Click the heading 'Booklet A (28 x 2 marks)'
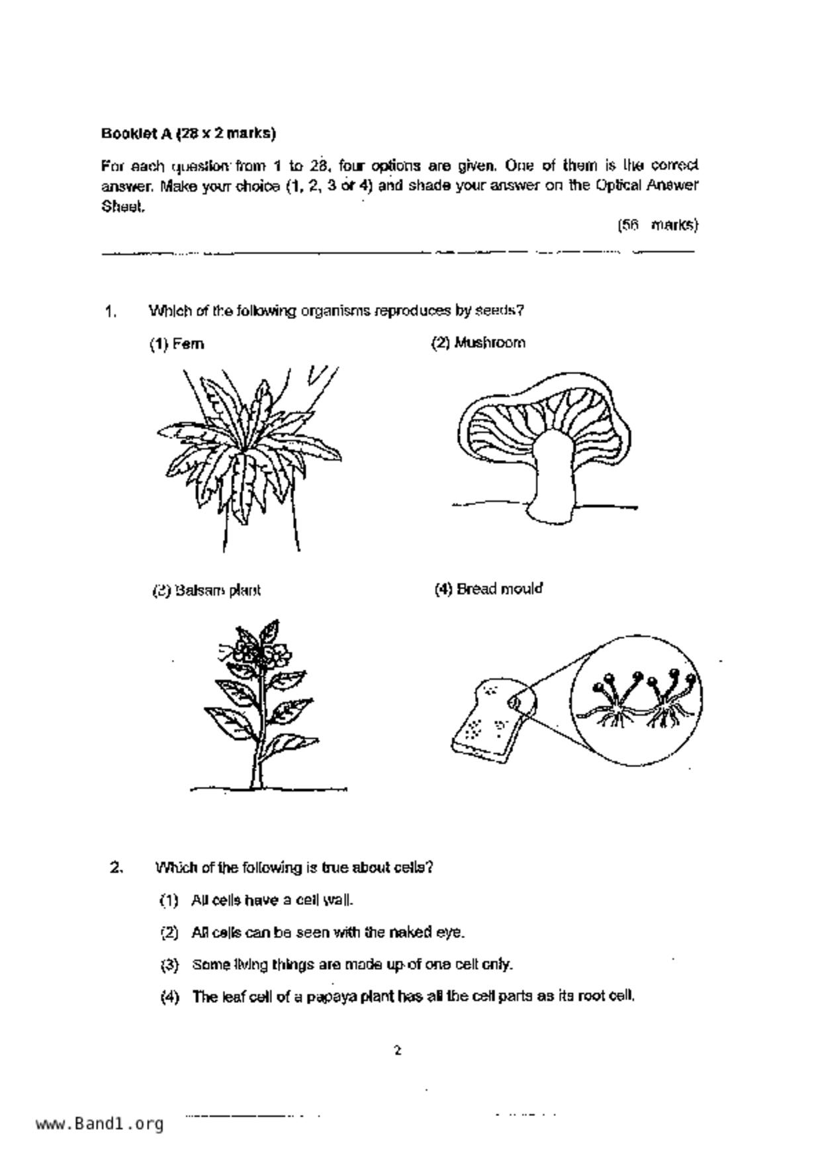(189, 134)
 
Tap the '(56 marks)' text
(657, 225)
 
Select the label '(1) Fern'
(177, 344)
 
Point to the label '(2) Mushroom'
(478, 343)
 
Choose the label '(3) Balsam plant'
(206, 590)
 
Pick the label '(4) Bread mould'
(488, 588)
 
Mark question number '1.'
(111, 311)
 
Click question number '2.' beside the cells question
(116, 867)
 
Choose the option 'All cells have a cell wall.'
(272, 900)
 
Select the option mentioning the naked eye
(328, 933)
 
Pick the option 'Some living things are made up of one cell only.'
(352, 964)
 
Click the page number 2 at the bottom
(397, 1050)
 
